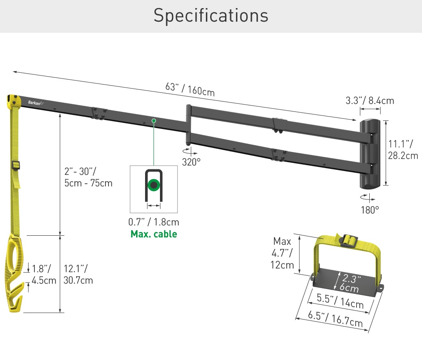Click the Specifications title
(x=211, y=16)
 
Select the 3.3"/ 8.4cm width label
(x=370, y=100)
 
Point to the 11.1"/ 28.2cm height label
(x=403, y=150)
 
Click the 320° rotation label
(x=191, y=162)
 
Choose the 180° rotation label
(x=370, y=210)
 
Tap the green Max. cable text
(x=154, y=234)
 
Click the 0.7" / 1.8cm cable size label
(x=154, y=222)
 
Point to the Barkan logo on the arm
(x=36, y=103)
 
